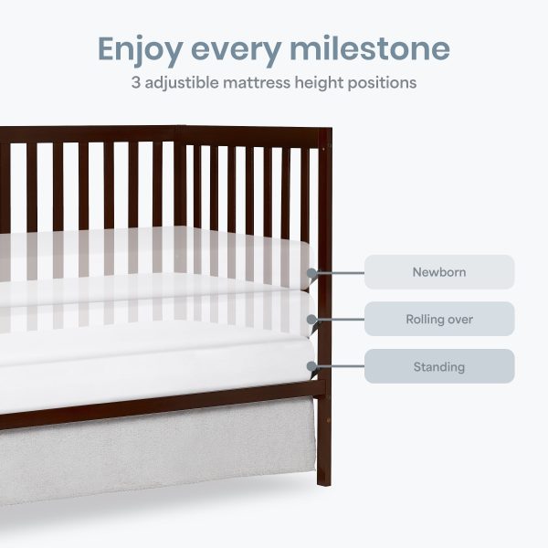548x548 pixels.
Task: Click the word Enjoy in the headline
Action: point(140,50)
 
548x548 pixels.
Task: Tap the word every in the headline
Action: point(237,52)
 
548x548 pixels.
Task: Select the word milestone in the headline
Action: point(370,48)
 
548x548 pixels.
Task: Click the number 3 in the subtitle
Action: point(135,83)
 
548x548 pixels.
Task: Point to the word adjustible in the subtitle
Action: point(182,84)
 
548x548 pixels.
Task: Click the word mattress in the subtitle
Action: point(257,83)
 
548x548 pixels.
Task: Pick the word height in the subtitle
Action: point(319,84)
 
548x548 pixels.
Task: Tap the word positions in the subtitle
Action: point(382,84)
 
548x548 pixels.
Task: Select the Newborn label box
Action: point(439,272)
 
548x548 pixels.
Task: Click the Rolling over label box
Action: point(439,319)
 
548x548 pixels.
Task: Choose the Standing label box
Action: point(439,366)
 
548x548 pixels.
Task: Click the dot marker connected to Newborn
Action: point(311,272)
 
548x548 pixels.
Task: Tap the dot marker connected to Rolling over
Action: point(311,319)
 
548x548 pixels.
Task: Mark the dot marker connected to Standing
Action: point(311,366)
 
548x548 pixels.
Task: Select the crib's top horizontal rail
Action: point(164,134)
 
